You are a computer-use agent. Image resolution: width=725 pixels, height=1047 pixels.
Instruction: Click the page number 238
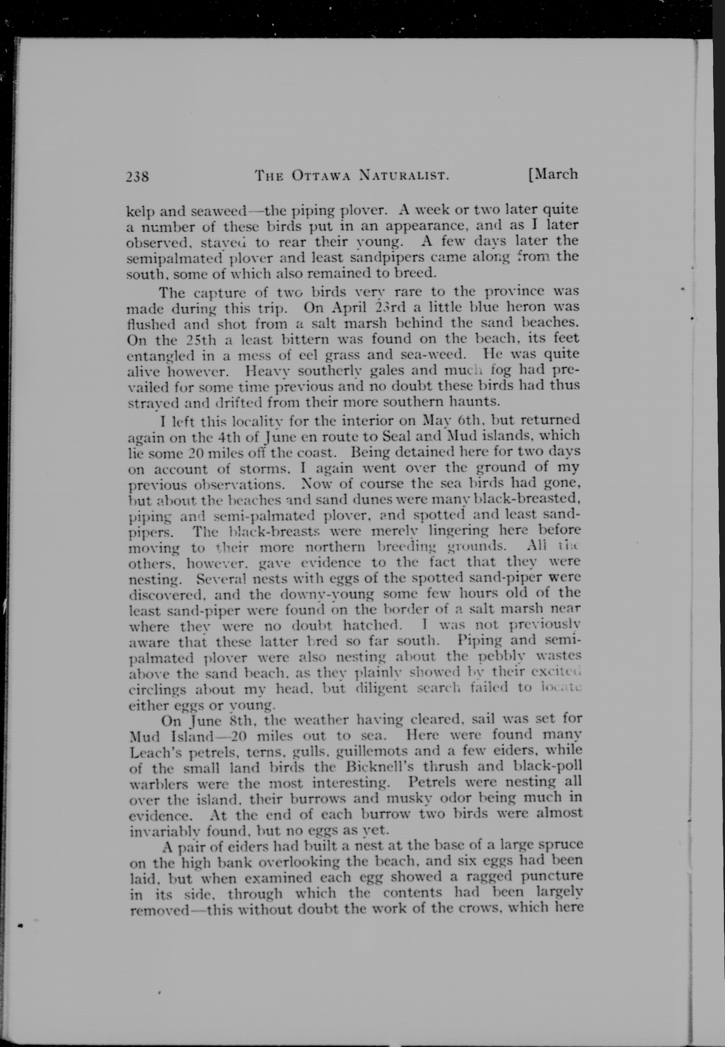point(137,176)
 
